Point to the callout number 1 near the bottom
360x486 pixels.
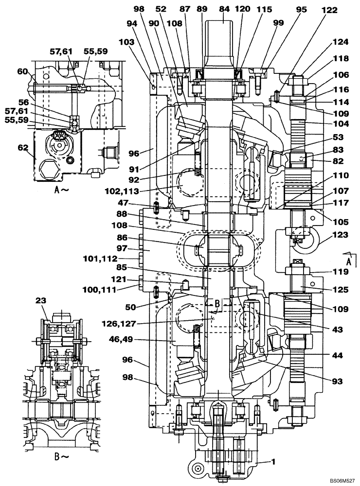tap(273, 462)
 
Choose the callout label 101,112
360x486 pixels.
tap(115, 258)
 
